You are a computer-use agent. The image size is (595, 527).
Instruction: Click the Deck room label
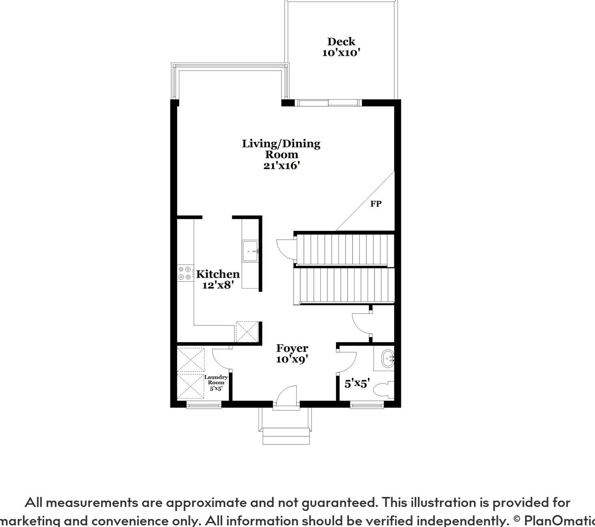click(x=341, y=41)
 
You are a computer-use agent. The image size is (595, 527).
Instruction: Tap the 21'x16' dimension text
click(x=281, y=166)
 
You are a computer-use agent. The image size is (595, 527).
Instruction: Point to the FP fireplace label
click(x=376, y=204)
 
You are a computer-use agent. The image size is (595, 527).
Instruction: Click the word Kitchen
click(x=218, y=274)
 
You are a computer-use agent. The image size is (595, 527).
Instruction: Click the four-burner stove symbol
click(x=184, y=273)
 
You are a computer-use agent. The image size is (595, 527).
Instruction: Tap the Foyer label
click(x=292, y=348)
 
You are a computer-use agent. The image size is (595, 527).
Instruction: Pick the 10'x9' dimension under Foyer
click(x=292, y=359)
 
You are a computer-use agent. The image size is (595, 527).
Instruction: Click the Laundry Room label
click(x=216, y=380)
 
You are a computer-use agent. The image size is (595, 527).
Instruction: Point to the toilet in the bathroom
click(x=383, y=390)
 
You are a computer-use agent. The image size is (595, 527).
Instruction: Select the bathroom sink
click(x=388, y=359)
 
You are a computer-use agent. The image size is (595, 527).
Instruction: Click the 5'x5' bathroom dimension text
click(x=357, y=384)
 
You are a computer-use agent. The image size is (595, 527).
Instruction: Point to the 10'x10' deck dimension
click(x=341, y=52)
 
